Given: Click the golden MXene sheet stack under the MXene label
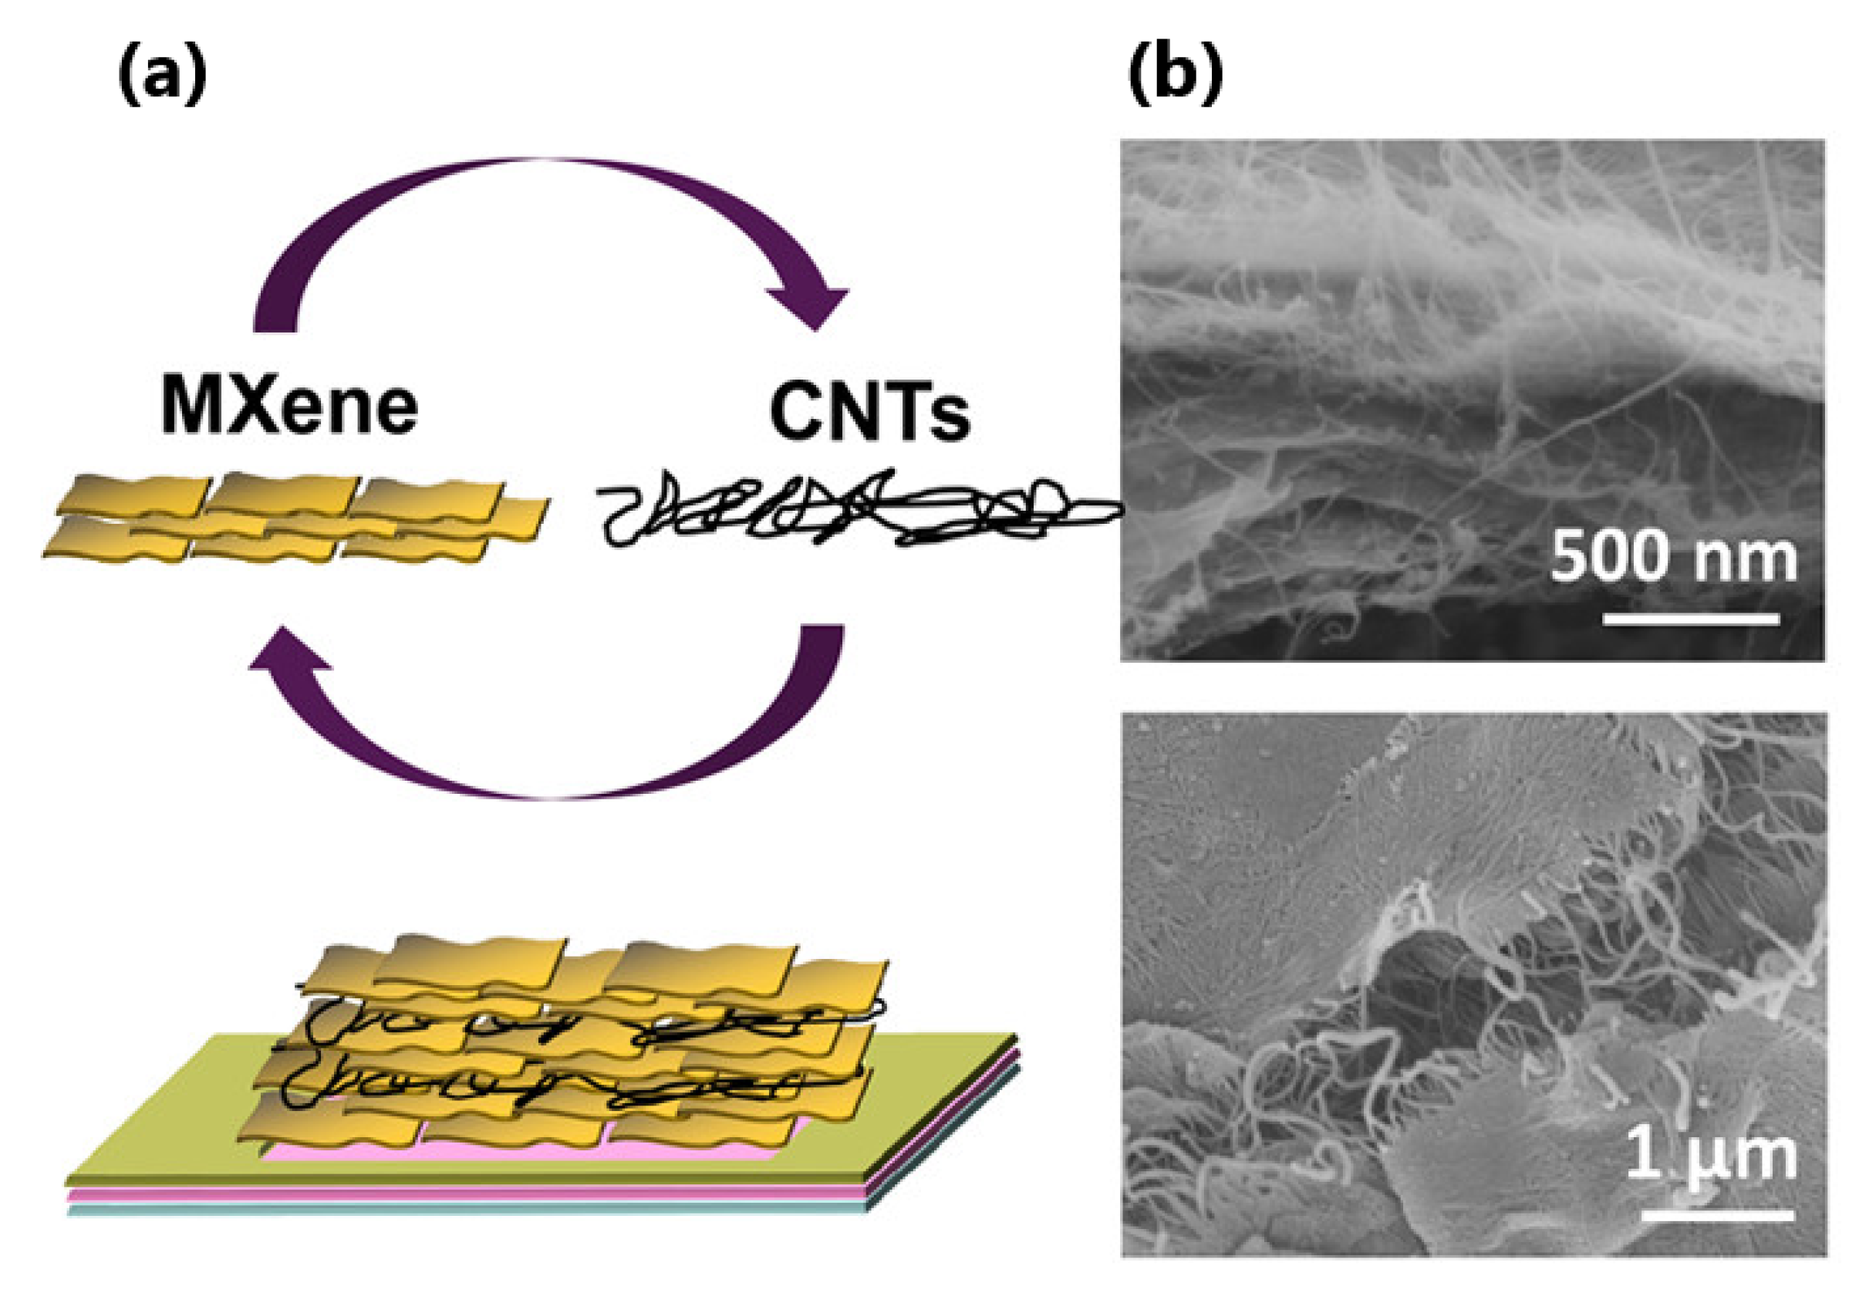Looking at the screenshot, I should point(292,518).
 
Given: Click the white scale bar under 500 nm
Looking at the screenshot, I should point(1691,619).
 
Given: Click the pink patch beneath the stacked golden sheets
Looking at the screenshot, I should point(518,1151).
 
